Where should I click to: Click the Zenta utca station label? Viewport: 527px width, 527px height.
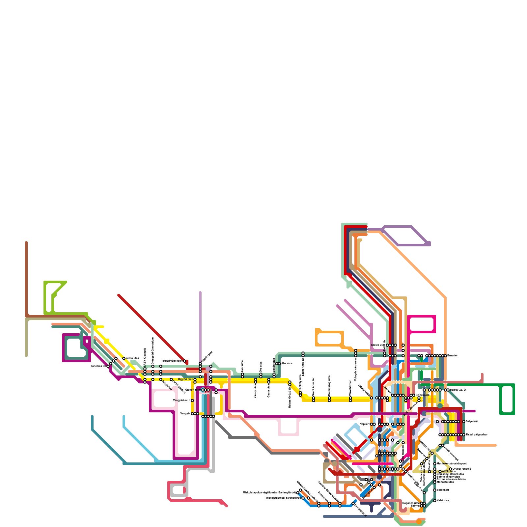click(132, 358)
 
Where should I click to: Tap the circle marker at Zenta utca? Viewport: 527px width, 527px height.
click(124, 358)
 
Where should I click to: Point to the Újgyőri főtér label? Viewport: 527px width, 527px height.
click(193, 390)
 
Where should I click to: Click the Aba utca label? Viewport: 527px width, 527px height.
click(287, 363)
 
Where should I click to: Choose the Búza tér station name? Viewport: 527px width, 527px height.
click(453, 355)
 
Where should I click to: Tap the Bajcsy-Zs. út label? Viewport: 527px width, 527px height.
click(458, 390)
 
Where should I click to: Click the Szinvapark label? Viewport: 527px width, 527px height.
click(423, 395)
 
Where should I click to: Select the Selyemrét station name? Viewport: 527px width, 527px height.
click(472, 421)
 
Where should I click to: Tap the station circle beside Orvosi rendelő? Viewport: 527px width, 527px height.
click(451, 469)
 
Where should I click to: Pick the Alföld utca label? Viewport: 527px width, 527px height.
click(449, 471)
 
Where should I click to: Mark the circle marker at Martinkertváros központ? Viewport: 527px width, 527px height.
click(435, 463)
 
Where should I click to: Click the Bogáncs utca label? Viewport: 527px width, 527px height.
click(411, 503)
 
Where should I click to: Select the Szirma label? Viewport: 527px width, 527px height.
click(415, 506)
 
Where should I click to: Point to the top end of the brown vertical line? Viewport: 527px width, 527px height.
click(26, 242)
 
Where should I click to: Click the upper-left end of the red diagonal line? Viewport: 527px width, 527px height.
click(119, 295)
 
